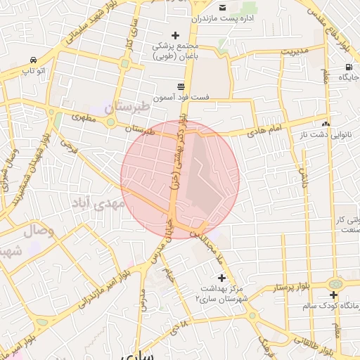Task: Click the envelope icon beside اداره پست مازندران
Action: [222, 7]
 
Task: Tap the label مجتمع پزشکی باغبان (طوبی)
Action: [175, 51]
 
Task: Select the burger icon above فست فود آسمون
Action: [181, 86]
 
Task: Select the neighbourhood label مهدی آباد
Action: [98, 203]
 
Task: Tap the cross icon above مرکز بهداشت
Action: [222, 278]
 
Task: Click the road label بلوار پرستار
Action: [289, 288]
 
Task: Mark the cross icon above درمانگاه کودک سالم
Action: [333, 295]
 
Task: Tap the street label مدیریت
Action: [295, 51]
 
